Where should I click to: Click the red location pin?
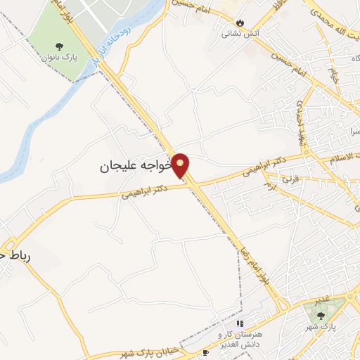(181, 165)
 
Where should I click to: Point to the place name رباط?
(14, 257)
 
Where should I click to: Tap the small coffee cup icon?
(205, 352)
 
